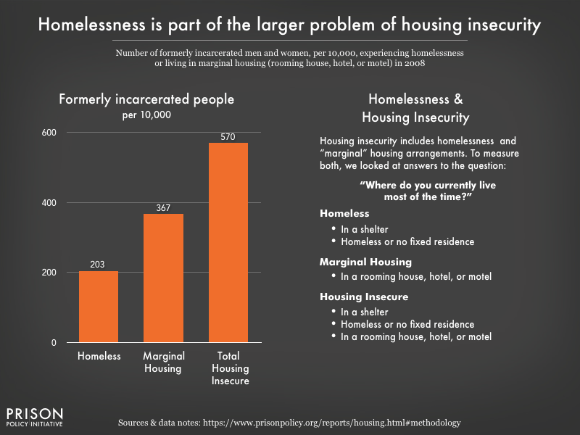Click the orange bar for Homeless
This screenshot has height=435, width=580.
point(99,307)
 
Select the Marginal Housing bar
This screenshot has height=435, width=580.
point(164,278)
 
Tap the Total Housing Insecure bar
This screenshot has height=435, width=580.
point(228,242)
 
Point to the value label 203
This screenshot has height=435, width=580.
point(99,265)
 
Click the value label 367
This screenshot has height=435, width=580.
point(164,207)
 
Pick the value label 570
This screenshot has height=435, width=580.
point(228,137)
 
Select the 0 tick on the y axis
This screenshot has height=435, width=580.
point(54,342)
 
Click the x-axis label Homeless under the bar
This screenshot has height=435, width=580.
point(99,356)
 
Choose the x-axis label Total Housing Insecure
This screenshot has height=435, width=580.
point(228,368)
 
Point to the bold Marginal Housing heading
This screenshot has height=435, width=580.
point(365,262)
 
